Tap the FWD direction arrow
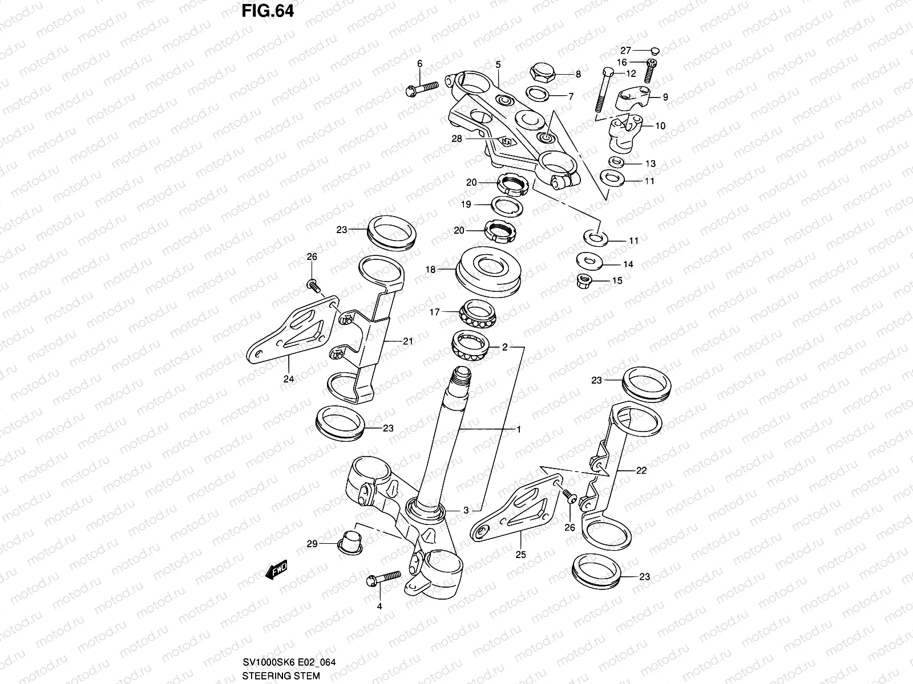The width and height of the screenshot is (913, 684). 276,570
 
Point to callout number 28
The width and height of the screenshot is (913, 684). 456,139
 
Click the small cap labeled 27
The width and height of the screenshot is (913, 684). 655,50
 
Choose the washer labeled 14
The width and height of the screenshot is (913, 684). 588,261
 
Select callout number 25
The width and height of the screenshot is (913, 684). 521,554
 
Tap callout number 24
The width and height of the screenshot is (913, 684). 289,378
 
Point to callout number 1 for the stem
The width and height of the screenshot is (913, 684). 519,429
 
